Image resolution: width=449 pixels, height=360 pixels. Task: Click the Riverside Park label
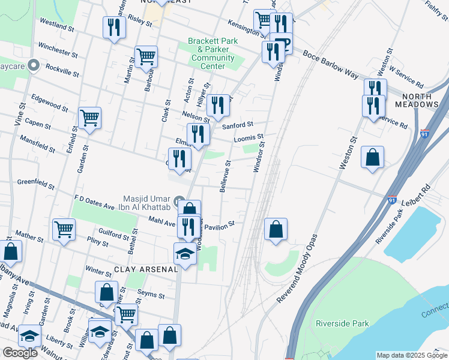click(342, 323)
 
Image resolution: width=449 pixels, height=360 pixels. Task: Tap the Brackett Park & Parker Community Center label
click(212, 53)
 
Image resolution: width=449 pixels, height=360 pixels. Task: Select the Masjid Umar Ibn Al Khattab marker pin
click(179, 200)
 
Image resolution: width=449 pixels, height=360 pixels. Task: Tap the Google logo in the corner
click(20, 353)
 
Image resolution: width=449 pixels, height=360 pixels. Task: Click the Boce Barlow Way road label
click(331, 64)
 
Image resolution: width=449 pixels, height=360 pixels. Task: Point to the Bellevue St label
click(225, 176)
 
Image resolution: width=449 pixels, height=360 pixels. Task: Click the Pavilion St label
click(218, 226)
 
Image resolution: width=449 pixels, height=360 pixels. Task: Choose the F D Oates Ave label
click(94, 206)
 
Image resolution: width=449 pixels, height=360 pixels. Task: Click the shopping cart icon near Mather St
click(64, 229)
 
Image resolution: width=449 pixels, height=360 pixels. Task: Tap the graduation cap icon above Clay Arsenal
click(185, 253)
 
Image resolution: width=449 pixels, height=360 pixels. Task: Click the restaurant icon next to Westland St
click(113, 27)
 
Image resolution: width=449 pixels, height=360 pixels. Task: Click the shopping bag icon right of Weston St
click(372, 157)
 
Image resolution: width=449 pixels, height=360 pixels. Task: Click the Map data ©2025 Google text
click(411, 355)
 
